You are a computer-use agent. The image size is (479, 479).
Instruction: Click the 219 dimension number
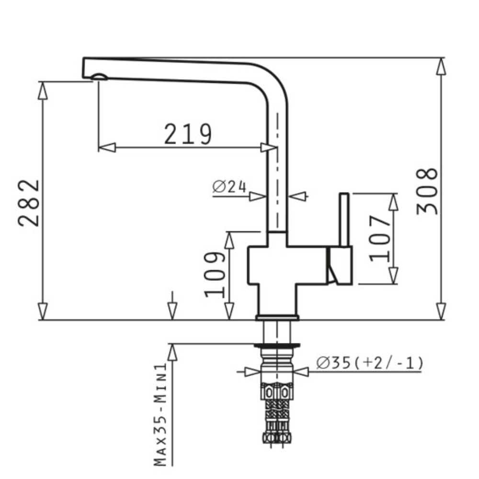coord(188,134)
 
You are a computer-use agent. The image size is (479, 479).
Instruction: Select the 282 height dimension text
coord(29,203)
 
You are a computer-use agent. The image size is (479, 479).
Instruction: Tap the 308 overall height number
coord(427,191)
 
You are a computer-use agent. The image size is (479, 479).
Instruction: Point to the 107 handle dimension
coord(380,239)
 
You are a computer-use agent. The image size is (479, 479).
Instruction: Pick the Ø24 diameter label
coord(229,187)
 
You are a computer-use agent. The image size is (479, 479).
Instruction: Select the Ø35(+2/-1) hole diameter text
coord(370,363)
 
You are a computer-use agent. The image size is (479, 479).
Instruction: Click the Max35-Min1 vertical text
coord(160,415)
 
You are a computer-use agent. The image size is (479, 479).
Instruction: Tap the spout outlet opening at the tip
coord(99,77)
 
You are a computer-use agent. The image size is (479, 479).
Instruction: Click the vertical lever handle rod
coord(344,219)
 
